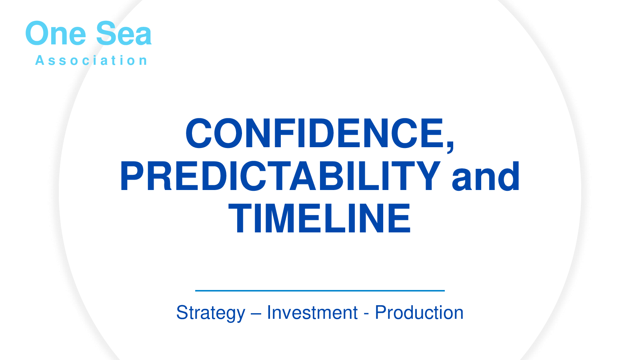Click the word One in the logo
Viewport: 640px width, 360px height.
56,34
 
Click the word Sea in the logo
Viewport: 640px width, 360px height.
124,34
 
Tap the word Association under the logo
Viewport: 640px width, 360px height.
91,60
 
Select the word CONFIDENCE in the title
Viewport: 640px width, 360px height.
314,133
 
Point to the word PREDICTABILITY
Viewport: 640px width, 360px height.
280,176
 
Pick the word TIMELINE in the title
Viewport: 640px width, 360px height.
320,218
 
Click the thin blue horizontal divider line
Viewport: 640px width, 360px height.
320,290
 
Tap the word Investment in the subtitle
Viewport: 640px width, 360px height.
312,312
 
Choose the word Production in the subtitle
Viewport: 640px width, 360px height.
419,312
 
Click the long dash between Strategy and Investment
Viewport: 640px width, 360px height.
256,314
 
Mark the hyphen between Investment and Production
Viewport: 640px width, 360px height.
366,314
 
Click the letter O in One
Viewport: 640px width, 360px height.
38,33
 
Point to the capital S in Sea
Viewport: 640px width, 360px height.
106,33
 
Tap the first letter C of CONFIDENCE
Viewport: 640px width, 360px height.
198,133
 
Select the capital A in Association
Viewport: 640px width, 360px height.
40,60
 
